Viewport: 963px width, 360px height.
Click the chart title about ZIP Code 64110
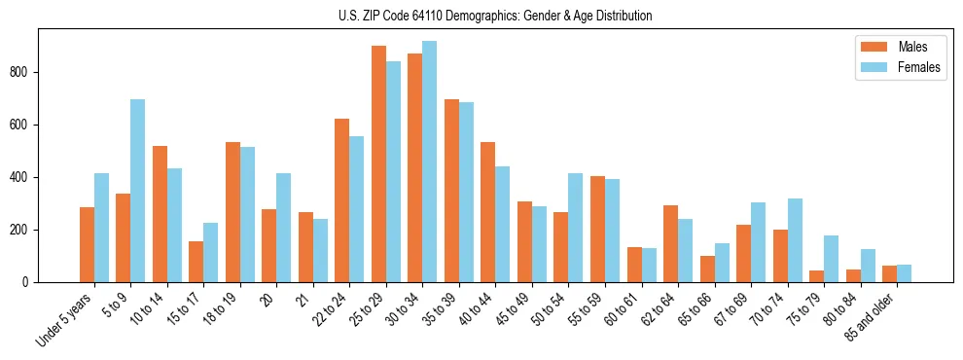point(494,16)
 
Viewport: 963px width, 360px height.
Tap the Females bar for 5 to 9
point(138,191)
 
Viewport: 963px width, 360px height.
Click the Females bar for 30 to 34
point(430,162)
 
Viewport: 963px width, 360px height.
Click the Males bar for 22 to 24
point(342,200)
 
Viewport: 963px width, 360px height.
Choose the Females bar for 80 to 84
point(868,266)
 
